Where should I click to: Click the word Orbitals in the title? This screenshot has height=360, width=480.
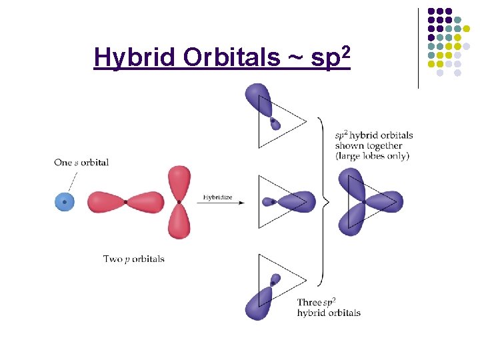coord(232,58)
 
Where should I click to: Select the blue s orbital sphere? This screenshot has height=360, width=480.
coord(64,201)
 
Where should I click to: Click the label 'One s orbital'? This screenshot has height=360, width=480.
coord(81,162)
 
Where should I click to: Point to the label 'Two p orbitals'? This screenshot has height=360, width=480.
coord(133,259)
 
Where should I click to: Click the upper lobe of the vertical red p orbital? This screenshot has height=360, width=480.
coord(179,182)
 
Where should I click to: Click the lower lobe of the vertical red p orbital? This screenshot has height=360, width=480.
coord(179,221)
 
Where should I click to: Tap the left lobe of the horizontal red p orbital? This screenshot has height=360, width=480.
coord(105,201)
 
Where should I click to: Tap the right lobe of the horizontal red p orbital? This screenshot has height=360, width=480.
coord(145,201)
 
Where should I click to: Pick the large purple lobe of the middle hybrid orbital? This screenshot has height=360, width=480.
coord(297,201)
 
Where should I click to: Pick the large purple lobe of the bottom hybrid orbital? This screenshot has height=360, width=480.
coord(256,303)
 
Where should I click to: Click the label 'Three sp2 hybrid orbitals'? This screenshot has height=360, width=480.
coord(329,307)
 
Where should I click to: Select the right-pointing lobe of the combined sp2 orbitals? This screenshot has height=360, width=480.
coord(387,201)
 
